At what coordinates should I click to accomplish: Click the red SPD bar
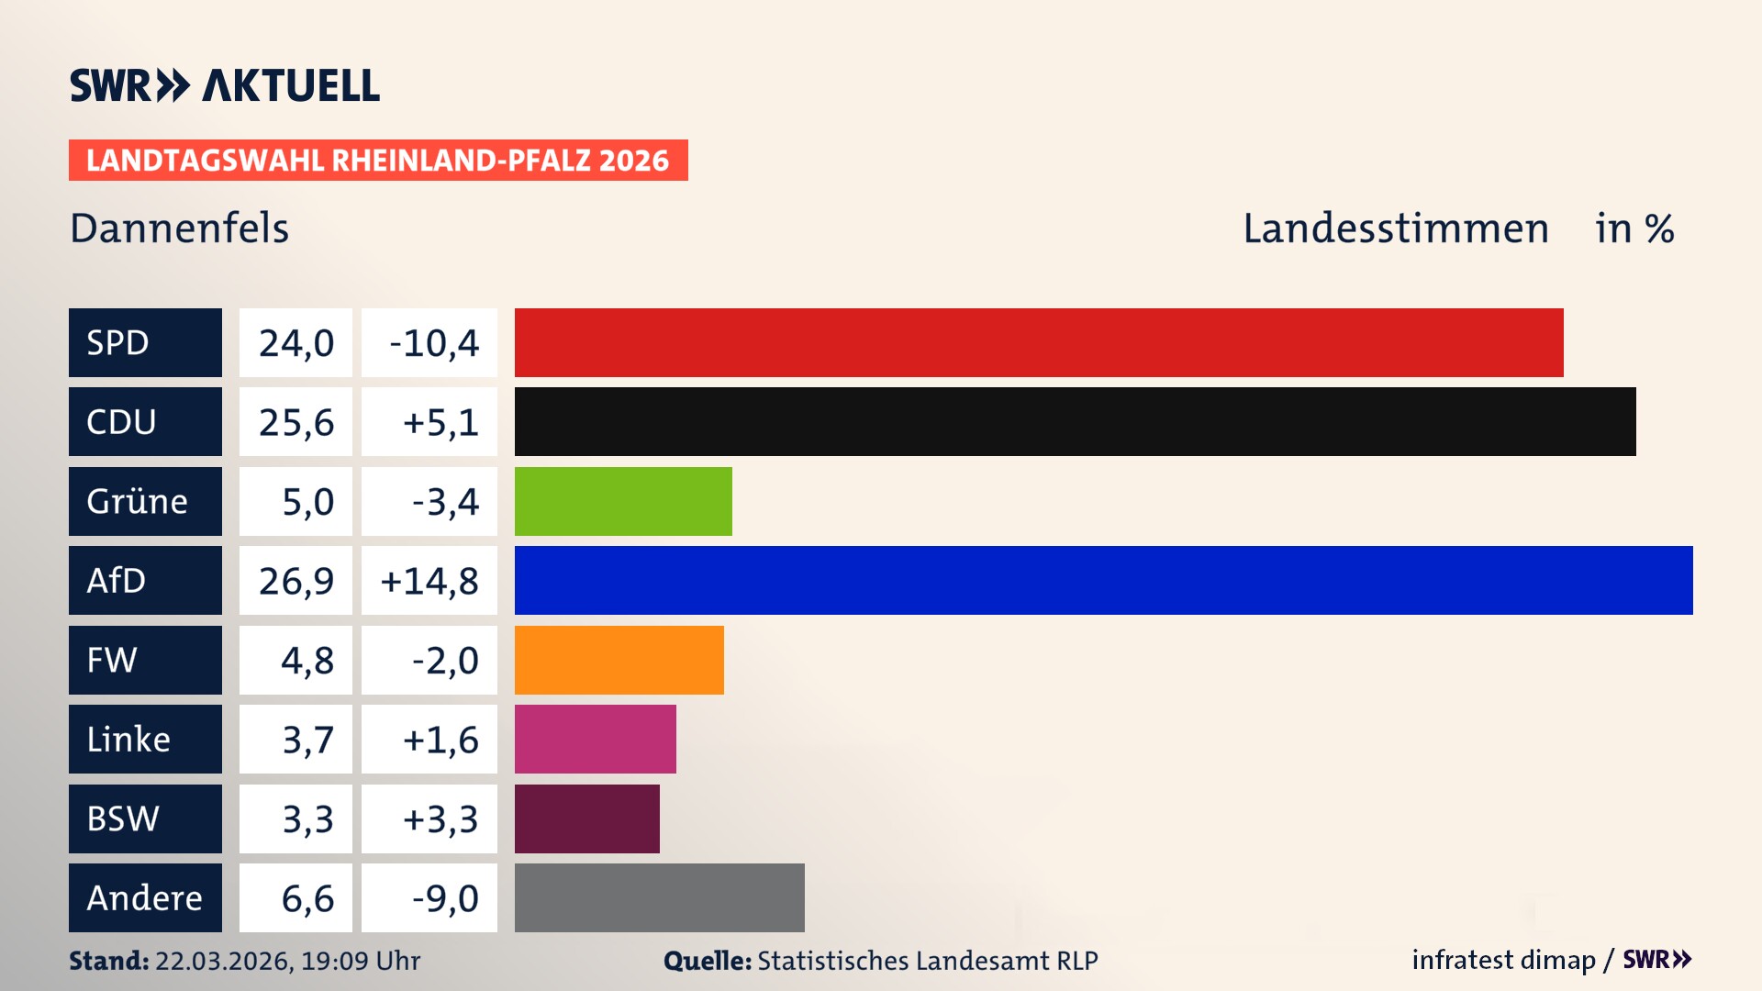point(1039,342)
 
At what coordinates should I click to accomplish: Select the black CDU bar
point(1075,421)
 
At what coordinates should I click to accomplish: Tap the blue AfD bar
point(1103,580)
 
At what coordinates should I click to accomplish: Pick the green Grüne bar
point(623,501)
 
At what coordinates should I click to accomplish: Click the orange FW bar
point(619,660)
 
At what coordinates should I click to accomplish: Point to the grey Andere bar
point(659,897)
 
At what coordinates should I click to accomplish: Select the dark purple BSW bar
point(586,818)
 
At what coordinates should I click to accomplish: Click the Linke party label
point(145,739)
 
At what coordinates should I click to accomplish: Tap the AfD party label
point(145,580)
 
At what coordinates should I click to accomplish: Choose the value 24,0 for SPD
point(296,342)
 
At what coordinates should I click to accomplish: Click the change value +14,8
point(429,580)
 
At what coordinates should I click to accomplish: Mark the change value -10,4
point(433,342)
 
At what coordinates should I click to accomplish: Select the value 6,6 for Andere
point(307,897)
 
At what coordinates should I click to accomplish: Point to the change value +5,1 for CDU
point(440,421)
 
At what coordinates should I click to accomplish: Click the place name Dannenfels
point(179,228)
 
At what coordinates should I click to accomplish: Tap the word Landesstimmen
point(1395,228)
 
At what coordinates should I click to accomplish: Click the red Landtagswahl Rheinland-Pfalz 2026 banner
point(377,160)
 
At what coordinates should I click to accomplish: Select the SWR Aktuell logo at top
point(224,85)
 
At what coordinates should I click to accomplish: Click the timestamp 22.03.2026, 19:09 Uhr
point(286,961)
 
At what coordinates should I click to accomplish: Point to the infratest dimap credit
point(1502,960)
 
